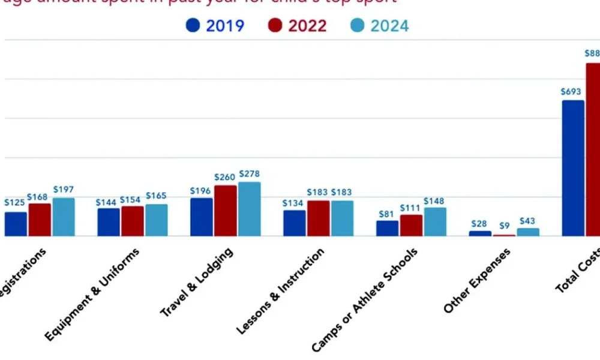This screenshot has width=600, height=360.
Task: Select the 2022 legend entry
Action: [298, 26]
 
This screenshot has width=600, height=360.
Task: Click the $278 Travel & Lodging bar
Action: [250, 209]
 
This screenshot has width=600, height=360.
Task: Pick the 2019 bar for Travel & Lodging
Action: [202, 217]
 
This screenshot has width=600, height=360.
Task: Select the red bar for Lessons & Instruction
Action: [319, 218]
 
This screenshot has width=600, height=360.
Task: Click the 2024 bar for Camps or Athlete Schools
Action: [435, 222]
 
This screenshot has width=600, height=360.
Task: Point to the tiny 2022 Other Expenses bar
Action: [505, 235]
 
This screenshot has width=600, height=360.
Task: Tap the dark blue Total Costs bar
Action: [573, 168]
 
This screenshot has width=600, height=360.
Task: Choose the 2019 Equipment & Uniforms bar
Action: [109, 222]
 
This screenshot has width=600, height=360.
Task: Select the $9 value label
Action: [505, 226]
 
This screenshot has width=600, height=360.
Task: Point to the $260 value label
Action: [226, 177]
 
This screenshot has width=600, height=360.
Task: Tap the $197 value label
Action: [64, 190]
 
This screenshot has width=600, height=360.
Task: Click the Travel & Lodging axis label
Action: [197, 282]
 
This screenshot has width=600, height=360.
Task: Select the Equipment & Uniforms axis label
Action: [92, 294]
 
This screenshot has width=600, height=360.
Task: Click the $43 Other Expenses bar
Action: [528, 232]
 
